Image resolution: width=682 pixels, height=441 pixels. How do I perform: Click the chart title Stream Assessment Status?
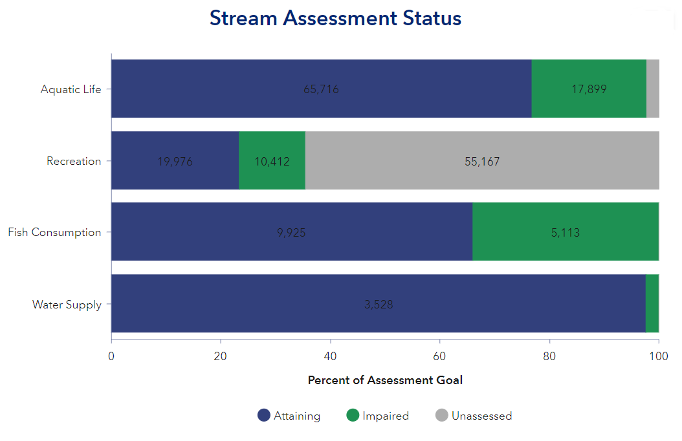[x=335, y=18]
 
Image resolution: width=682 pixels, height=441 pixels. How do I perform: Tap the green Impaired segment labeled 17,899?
[x=589, y=89]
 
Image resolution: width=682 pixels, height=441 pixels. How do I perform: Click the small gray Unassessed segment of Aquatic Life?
[x=652, y=89]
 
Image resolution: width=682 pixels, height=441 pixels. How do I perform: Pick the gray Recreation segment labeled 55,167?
[x=482, y=161]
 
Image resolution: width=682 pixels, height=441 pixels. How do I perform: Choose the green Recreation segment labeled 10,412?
[x=272, y=161]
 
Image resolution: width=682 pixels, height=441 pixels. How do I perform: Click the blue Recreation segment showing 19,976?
[x=175, y=161]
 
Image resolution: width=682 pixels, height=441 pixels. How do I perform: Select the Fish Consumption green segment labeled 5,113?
[x=566, y=232]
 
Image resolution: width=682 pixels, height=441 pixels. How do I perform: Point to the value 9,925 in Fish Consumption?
[x=291, y=232]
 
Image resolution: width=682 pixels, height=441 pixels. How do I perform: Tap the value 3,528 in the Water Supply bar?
[x=379, y=304]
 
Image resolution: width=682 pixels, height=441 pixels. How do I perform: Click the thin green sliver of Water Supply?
[x=652, y=304]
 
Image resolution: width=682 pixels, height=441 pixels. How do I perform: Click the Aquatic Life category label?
[x=71, y=89]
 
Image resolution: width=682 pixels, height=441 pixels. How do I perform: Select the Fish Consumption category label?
[x=54, y=232]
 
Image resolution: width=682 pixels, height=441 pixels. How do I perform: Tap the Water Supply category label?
[x=67, y=304]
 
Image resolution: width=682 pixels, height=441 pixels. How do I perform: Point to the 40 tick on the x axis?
[x=330, y=356]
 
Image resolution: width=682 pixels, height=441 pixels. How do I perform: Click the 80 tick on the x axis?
[x=549, y=356]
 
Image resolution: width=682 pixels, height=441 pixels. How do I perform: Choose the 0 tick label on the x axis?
[x=111, y=356]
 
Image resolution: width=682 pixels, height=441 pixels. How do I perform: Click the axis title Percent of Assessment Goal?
[x=385, y=380]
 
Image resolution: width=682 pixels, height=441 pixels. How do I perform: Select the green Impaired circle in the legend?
[x=353, y=416]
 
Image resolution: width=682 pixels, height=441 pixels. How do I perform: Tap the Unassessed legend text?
[x=481, y=416]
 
